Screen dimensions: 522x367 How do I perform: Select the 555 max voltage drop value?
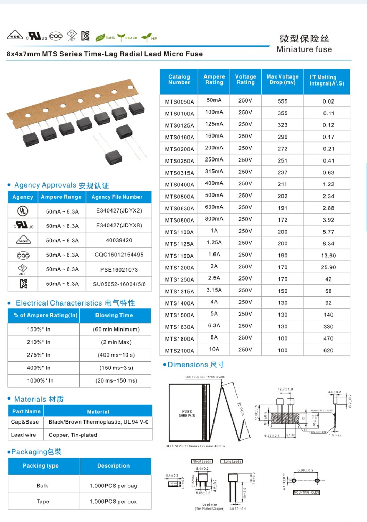click(x=283, y=101)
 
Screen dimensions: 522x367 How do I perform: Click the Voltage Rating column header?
click(x=246, y=79)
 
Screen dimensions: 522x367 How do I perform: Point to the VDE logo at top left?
click(x=15, y=36)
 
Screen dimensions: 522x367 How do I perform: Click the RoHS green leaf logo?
click(x=105, y=38)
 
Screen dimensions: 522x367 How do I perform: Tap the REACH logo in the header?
click(x=127, y=38)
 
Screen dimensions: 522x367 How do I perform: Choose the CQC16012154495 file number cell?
click(x=119, y=255)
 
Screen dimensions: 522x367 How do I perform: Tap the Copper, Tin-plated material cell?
click(x=73, y=435)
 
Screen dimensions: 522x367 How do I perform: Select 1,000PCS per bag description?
click(x=113, y=486)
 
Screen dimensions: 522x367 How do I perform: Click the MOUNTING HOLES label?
click(x=306, y=492)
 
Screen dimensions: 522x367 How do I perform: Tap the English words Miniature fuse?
click(x=304, y=49)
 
